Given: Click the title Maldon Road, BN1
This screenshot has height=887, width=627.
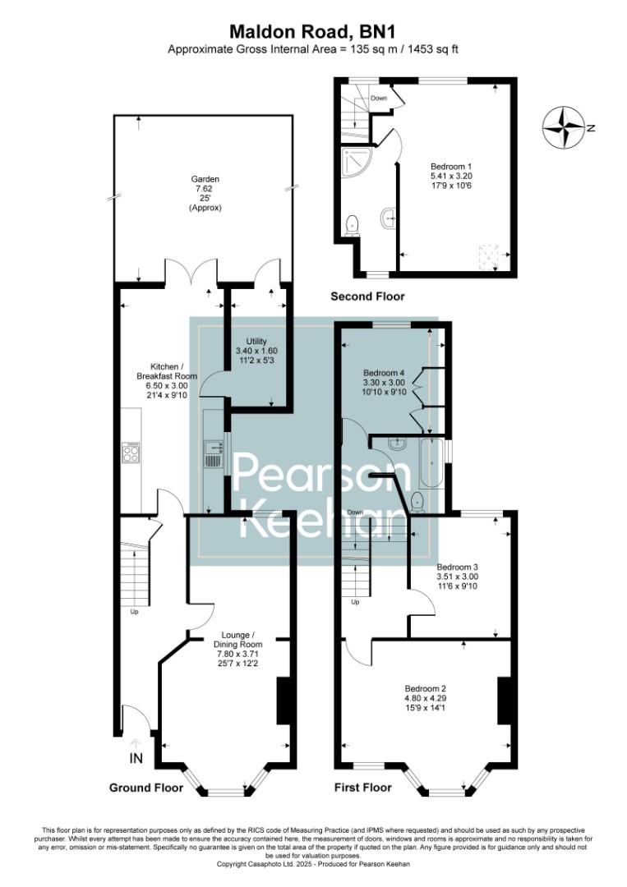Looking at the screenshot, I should click(x=313, y=31).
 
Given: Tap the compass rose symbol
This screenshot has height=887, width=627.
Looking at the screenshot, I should click(x=564, y=129).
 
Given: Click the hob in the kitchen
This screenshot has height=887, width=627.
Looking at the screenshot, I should click(x=131, y=453).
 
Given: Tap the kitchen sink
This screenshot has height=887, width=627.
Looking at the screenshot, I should click(x=214, y=452).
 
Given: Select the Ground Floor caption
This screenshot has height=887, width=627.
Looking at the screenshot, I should click(x=146, y=788).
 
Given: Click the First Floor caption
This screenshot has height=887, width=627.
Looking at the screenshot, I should click(x=362, y=788).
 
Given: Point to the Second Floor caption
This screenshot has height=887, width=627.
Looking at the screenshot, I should click(x=367, y=296).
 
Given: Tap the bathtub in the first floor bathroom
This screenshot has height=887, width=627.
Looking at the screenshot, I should click(x=432, y=465).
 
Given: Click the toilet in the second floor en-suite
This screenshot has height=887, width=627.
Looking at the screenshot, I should click(x=353, y=224).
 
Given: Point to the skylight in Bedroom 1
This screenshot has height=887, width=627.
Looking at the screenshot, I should click(x=488, y=254).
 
